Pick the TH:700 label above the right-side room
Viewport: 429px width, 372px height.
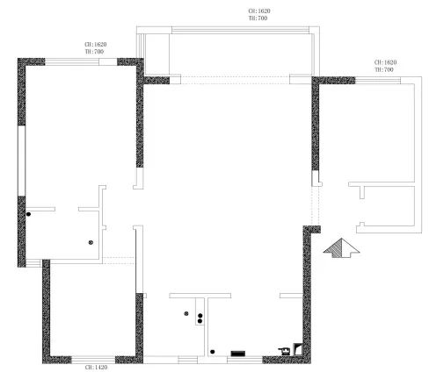pos(385,69)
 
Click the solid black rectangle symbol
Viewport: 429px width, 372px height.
pos(238,353)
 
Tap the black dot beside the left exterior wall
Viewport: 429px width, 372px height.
pos(28,213)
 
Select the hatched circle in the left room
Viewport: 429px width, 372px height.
pos(90,241)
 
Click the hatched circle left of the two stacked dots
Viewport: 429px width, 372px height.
pos(185,313)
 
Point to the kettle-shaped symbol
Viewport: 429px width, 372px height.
pos(284,351)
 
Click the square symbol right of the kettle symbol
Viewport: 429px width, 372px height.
pos(297,348)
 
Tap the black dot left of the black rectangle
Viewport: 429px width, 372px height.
pos(213,352)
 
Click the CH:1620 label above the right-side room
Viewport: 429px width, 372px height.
pos(385,62)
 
